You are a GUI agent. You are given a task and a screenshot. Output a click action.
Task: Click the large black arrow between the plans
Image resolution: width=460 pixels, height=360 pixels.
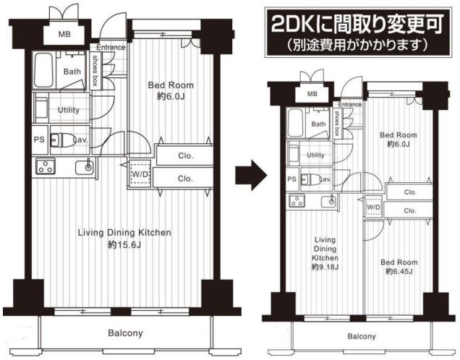click(251, 175)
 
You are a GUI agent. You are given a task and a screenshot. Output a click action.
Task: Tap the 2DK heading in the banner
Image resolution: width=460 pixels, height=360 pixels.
click(357, 24)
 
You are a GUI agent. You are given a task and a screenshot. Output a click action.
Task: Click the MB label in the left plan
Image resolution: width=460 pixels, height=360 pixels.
click(64, 34)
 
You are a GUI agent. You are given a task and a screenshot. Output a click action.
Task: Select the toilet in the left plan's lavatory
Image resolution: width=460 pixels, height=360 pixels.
click(63, 140)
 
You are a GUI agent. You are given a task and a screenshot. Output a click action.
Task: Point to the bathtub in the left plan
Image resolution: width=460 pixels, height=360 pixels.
click(43, 70)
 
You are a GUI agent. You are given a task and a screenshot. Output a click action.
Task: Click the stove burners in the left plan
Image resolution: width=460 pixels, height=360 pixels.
click(46, 166)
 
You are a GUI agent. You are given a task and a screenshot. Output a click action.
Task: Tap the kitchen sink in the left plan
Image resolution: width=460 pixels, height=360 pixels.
click(85, 167)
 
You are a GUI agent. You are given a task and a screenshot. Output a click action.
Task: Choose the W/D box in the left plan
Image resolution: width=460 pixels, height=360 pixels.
click(140, 173)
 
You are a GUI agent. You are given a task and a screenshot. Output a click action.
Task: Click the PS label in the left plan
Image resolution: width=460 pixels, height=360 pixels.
click(39, 140)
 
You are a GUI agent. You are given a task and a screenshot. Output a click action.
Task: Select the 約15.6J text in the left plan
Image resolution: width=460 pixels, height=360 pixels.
click(124, 245)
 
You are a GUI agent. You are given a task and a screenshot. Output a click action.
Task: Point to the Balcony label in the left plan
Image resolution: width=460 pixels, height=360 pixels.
click(125, 333)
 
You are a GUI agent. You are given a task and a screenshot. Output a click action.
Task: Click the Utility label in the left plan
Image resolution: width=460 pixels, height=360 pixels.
click(69, 110)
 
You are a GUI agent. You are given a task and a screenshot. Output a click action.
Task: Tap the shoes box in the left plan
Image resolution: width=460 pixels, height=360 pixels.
click(95, 71)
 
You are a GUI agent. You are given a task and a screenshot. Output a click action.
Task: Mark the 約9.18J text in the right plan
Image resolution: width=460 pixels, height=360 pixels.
click(325, 267)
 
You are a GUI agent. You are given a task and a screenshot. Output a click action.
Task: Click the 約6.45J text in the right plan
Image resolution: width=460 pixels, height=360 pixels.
click(399, 272)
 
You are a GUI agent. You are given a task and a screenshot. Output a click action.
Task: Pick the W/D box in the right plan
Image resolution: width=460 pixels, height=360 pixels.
click(373, 207)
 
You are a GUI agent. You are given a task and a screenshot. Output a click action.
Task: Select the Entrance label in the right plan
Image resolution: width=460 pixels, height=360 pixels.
click(349, 104)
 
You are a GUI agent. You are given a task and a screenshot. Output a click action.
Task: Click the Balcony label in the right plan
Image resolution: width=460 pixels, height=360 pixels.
click(362, 336)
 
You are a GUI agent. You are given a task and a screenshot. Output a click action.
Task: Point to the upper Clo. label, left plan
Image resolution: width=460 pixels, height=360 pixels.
click(185, 155)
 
